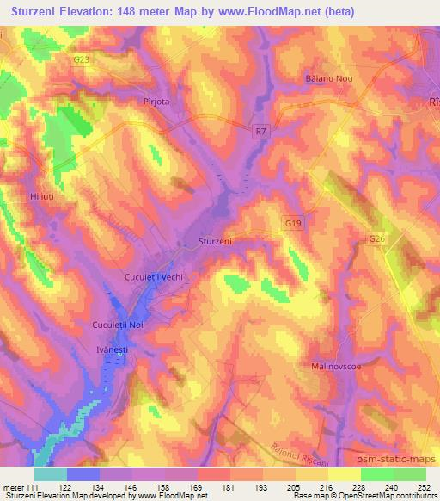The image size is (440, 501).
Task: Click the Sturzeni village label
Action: pyautogui.click(x=215, y=242)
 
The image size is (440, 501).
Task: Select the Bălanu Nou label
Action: pyautogui.click(x=323, y=79)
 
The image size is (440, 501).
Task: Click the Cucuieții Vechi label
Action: pyautogui.click(x=156, y=277)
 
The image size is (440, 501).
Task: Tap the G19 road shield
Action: pyautogui.click(x=294, y=222)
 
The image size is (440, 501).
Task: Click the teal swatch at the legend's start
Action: pyautogui.click(x=51, y=474)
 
